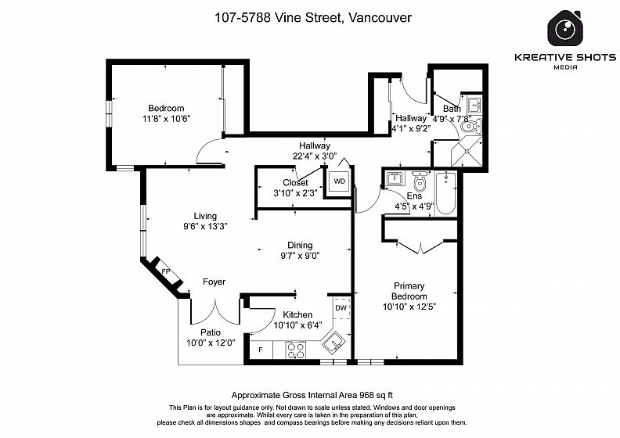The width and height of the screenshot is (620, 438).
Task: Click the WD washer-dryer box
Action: pyautogui.click(x=339, y=181)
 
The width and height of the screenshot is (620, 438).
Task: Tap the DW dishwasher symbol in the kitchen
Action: pyautogui.click(x=341, y=308)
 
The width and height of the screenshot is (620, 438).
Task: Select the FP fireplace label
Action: pyautogui.click(x=166, y=271)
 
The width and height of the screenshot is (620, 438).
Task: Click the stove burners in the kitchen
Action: pyautogui.click(x=295, y=350)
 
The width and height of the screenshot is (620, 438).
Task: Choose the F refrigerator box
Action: pyautogui.click(x=261, y=350)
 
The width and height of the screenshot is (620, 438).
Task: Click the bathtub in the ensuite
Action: pyautogui.click(x=445, y=193)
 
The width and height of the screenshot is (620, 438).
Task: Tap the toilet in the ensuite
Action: pyautogui.click(x=420, y=181)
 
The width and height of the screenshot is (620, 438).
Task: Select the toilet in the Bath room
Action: pyautogui.click(x=471, y=127)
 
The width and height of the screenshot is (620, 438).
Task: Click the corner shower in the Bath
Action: pyautogui.click(x=467, y=152)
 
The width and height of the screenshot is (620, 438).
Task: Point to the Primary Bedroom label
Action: pyautogui.click(x=409, y=291)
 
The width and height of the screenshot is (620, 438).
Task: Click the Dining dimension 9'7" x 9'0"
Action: pyautogui.click(x=300, y=256)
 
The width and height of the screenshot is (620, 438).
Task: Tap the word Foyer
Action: pyautogui.click(x=214, y=282)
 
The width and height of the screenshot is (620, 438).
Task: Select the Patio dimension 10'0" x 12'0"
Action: pyautogui.click(x=211, y=343)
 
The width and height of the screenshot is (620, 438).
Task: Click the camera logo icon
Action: pyautogui.click(x=565, y=28)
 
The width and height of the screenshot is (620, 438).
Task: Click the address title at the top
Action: pyautogui.click(x=313, y=17)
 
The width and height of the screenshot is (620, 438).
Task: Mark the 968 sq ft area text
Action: pyautogui.click(x=376, y=395)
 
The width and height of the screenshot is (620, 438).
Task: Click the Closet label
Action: pyautogui.click(x=295, y=182)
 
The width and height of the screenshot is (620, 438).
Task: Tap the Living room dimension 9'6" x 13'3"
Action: pyautogui.click(x=205, y=226)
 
